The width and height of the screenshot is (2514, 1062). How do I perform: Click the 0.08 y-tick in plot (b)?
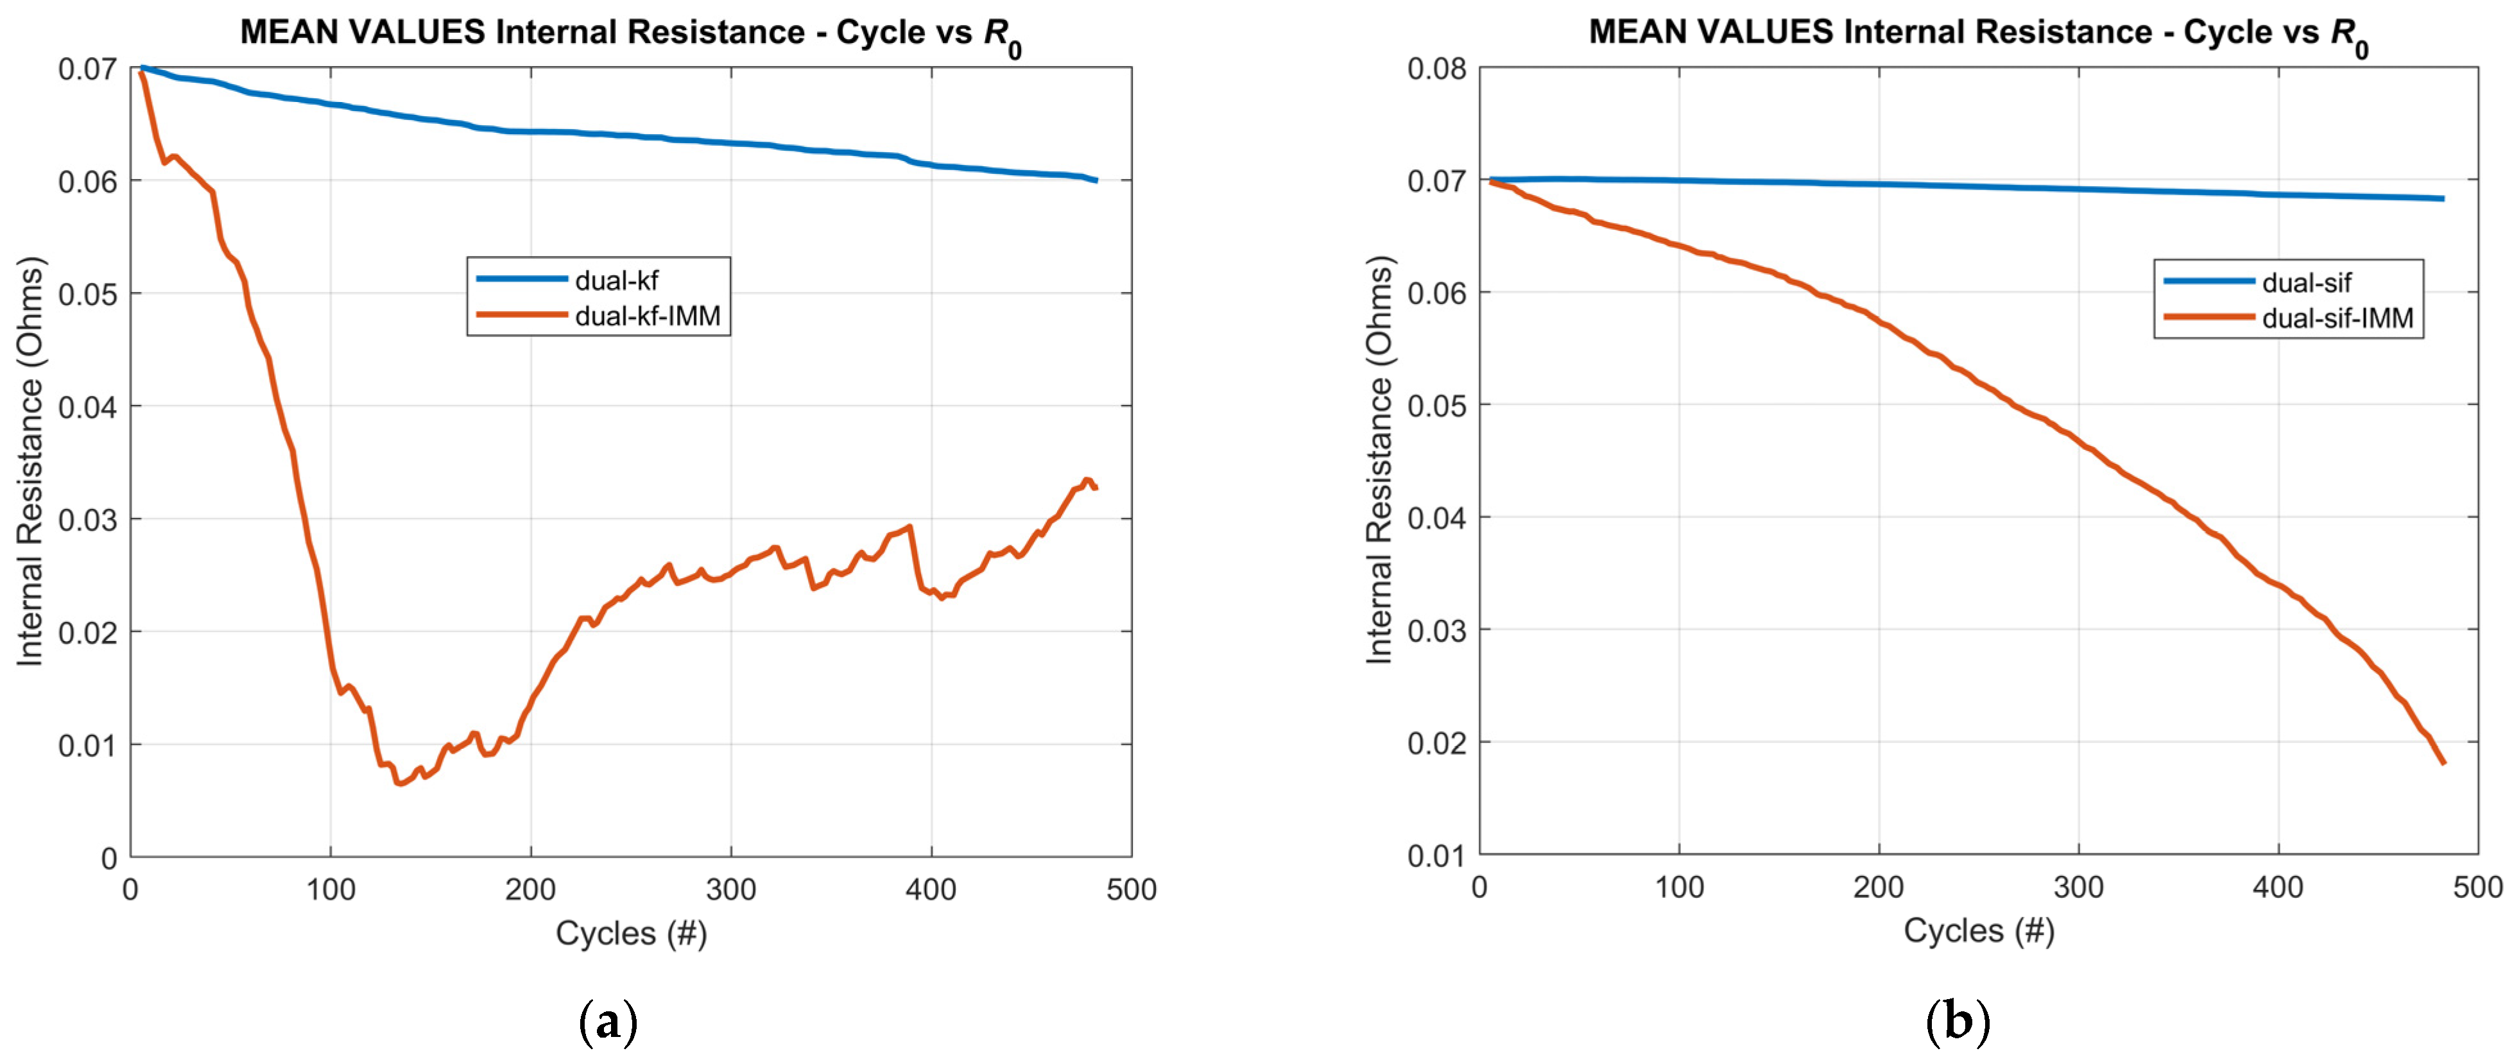click(x=1436, y=68)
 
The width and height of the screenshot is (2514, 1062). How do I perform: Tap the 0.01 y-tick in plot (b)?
click(x=1436, y=856)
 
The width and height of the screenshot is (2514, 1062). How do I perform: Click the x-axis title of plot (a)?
click(x=630, y=933)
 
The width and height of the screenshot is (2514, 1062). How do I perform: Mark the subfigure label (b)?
click(x=1957, y=1023)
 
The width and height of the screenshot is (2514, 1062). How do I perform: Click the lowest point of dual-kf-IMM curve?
click(x=399, y=784)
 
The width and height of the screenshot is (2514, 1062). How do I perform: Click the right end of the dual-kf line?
click(x=1097, y=180)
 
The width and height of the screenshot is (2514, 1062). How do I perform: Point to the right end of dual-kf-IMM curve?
click(x=1096, y=487)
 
